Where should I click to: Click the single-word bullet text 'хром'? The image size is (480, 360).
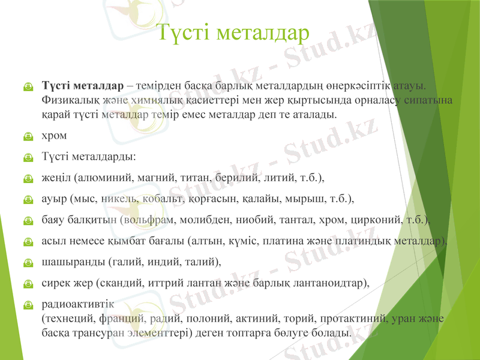(54, 136)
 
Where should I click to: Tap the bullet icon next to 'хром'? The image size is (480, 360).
(28, 137)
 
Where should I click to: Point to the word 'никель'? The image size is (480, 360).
(119, 198)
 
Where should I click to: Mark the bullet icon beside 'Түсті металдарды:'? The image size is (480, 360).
(28, 158)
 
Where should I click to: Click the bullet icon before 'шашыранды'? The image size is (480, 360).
(28, 262)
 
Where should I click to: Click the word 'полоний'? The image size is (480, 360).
(206, 318)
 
